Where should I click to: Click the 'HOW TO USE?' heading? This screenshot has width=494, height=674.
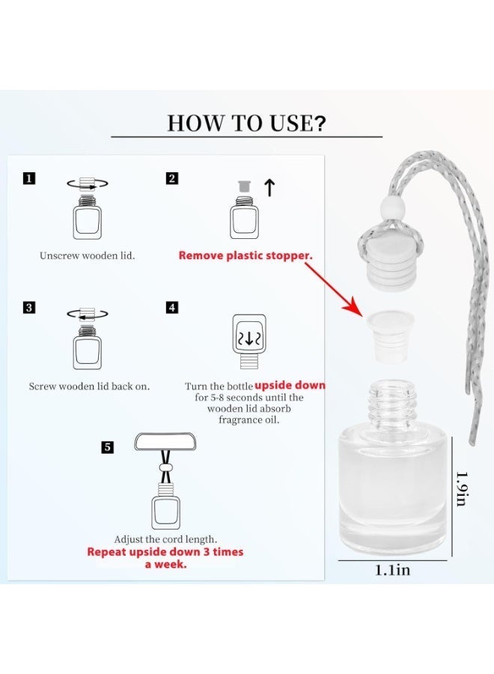246,124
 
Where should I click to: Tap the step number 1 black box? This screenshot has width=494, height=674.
28,178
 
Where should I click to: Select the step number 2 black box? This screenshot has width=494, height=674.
172,178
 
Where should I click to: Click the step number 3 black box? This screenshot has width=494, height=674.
28,307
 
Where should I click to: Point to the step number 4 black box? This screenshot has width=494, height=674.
172,307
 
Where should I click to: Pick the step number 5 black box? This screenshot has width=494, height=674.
107,447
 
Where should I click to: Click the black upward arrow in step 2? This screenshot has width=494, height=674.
269,188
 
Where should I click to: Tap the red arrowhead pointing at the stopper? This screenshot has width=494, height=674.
355,307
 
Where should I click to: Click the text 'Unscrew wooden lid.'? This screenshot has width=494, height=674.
88,256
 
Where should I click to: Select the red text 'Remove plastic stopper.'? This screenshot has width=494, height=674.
246,255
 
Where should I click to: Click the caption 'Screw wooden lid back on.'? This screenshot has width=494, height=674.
89,386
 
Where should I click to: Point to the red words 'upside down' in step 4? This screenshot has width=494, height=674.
290,385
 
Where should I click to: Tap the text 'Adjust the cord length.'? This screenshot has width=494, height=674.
165,539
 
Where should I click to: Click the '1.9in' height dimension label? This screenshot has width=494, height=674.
462,489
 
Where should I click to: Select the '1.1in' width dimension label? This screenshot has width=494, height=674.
392,570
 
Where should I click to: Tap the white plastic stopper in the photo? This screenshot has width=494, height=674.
390,336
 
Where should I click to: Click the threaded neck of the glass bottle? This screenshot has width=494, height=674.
388,404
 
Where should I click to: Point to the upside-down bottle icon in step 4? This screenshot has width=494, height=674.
249,341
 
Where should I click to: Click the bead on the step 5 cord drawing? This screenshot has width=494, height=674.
165,467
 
